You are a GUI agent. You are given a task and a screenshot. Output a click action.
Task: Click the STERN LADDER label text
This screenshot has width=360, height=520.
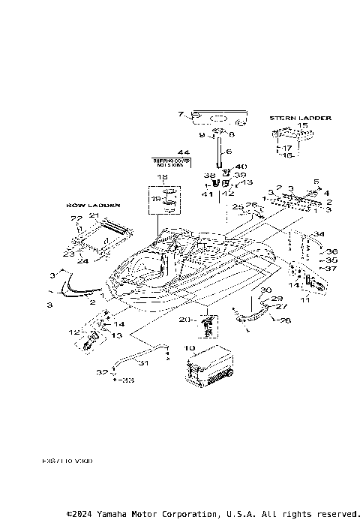[300, 118]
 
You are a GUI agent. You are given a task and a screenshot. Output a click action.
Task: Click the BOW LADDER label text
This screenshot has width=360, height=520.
[88, 205]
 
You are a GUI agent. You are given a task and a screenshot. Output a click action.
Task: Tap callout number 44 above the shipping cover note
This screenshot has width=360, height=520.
[183, 153]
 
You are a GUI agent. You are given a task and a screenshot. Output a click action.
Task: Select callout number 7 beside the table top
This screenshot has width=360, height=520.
[180, 115]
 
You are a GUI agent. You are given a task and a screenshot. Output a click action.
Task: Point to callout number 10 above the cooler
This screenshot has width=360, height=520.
[189, 349]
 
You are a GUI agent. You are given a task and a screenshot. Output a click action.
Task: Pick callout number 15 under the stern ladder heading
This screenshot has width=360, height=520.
[302, 126]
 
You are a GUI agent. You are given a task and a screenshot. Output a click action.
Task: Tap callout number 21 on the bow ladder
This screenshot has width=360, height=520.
[94, 215]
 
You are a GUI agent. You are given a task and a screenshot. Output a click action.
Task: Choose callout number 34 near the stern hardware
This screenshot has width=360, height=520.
[319, 233]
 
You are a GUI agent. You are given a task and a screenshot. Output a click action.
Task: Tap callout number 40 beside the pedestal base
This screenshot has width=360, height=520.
[241, 167]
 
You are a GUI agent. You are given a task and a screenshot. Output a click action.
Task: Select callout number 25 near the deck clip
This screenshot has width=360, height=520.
[236, 206]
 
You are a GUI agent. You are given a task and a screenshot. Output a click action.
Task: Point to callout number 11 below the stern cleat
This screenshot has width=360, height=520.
[304, 300]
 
